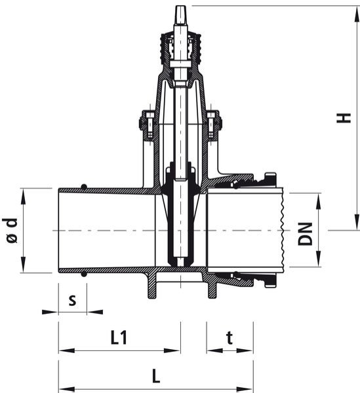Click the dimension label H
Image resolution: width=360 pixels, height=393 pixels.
point(344,118)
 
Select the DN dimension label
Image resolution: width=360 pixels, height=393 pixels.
point(305,234)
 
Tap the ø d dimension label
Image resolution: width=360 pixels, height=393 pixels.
point(10,231)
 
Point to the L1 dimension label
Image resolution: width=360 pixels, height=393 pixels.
point(119,337)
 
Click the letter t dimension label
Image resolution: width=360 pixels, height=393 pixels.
point(230,338)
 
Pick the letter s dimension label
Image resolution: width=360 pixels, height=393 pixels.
point(72,300)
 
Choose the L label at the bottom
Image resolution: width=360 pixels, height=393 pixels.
point(156,376)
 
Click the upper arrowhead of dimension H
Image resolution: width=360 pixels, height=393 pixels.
point(357,14)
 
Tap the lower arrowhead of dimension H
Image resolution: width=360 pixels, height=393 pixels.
point(357,221)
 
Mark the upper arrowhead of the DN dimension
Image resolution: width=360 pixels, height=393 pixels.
point(318,201)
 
